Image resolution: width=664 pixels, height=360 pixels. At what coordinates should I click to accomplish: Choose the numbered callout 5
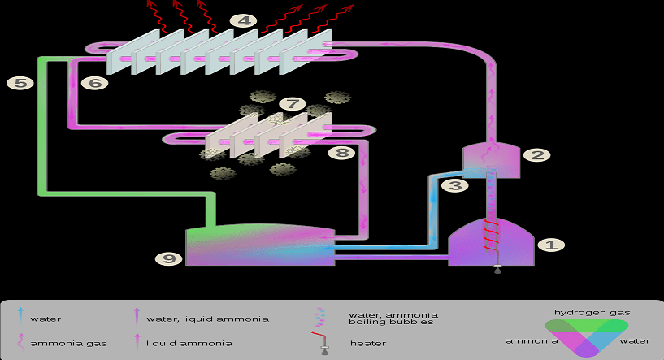point(20,82)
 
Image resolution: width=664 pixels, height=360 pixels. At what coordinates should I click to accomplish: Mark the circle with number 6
point(94,82)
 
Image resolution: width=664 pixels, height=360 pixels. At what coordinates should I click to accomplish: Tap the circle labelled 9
point(169,258)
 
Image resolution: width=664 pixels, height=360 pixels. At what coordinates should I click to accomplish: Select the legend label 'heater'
point(368,343)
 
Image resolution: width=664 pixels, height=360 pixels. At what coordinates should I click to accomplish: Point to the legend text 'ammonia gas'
point(58,343)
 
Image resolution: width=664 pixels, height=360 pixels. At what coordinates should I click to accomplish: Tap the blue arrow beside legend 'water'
point(20,318)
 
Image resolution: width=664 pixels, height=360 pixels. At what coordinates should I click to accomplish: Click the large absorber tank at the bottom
point(260,244)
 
